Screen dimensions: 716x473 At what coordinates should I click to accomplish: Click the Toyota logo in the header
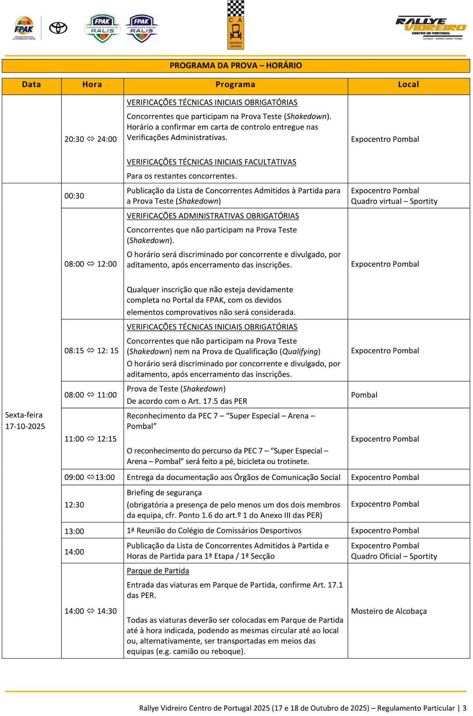click(58, 28)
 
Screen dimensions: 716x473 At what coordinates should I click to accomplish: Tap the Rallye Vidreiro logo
click(431, 28)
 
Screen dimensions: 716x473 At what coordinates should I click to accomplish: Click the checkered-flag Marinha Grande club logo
click(236, 25)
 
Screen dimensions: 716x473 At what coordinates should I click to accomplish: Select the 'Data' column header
click(31, 85)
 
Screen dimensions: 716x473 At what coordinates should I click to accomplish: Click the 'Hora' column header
click(92, 85)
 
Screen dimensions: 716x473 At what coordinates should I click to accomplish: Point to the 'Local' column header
click(409, 85)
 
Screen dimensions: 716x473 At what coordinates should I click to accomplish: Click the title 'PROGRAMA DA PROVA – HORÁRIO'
click(236, 66)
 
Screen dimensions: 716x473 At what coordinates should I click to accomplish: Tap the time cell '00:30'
click(74, 196)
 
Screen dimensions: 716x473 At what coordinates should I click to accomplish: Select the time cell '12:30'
click(74, 505)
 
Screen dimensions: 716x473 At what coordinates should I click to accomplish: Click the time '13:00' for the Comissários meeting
click(74, 531)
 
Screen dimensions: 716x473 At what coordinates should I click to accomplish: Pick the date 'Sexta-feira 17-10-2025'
click(25, 421)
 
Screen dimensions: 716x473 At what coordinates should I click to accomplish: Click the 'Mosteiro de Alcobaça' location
click(389, 611)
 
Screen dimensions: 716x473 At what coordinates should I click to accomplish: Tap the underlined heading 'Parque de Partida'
click(158, 571)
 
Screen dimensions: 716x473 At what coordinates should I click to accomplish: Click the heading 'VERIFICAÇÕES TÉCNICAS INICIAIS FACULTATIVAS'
click(211, 162)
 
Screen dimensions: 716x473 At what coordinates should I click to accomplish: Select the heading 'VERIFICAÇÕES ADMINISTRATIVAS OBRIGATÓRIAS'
click(213, 216)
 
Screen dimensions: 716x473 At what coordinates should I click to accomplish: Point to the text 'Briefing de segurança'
click(164, 493)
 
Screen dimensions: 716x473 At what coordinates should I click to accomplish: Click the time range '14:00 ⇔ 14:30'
click(91, 611)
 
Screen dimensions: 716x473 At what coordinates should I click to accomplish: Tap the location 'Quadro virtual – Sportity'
click(394, 201)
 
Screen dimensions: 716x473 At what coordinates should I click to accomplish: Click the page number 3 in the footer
click(464, 708)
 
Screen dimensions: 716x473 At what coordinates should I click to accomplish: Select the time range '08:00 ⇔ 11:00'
click(91, 395)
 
